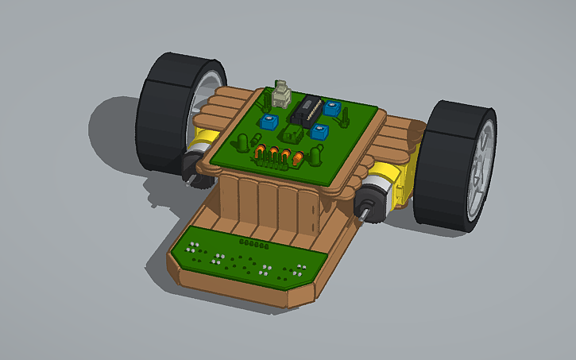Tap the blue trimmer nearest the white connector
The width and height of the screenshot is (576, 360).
pyautogui.click(x=269, y=122)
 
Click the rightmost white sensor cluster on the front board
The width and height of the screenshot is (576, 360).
pyautogui.click(x=300, y=268)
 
